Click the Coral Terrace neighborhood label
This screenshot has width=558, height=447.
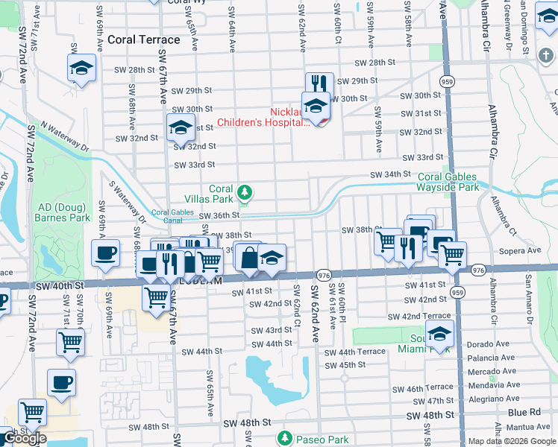144,39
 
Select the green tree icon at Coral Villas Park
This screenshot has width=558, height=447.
244,194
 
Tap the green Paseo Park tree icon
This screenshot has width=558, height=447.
283,437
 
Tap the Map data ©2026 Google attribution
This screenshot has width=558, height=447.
511,441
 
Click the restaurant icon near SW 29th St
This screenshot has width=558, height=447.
319,83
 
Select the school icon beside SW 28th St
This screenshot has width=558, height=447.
81,67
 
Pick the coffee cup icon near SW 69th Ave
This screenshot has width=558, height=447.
105,253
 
